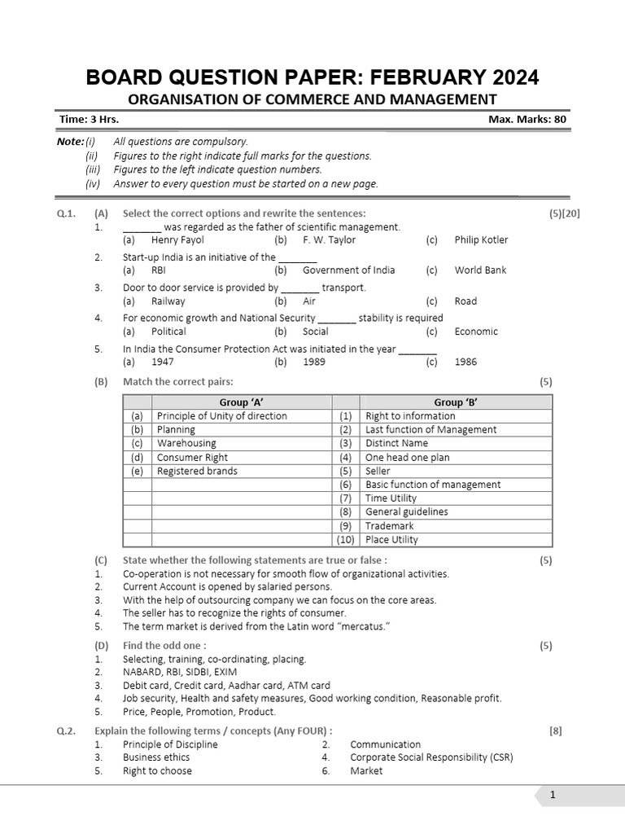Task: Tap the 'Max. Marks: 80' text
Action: (x=527, y=119)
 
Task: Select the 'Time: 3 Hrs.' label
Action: (x=89, y=119)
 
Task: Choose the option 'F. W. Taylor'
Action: (x=329, y=240)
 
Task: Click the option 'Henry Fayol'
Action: (x=177, y=240)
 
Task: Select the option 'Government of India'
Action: (x=348, y=270)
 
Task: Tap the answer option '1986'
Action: (x=465, y=362)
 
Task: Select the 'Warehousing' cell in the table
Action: (x=186, y=444)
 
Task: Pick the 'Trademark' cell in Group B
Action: (x=391, y=526)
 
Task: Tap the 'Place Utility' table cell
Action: (x=391, y=540)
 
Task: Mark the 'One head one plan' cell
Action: (x=407, y=458)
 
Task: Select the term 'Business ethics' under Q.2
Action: (x=156, y=757)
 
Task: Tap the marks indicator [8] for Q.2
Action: (x=555, y=731)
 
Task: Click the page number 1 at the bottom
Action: (x=552, y=796)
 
